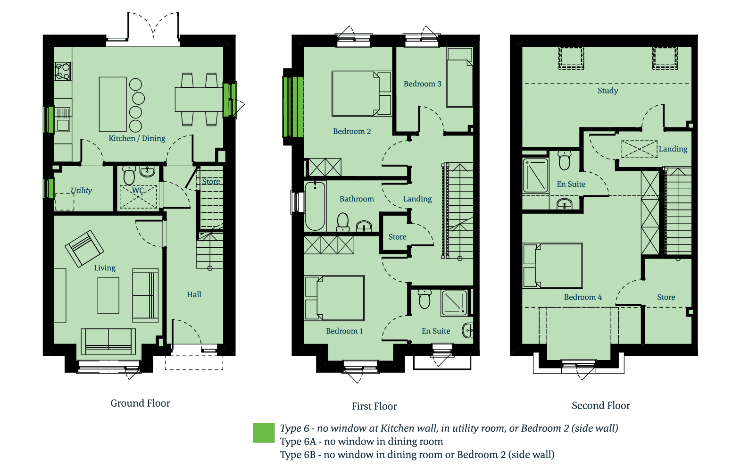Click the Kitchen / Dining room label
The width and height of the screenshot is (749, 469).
(137, 139)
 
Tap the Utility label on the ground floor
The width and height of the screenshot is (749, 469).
(81, 190)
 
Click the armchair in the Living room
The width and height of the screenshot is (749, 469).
(84, 249)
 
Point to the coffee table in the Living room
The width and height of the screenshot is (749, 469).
(108, 295)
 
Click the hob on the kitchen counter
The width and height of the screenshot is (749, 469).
(63, 71)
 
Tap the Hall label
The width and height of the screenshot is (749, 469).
(194, 295)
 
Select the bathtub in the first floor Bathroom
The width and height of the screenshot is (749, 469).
(315, 206)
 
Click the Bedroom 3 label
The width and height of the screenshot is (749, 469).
(422, 84)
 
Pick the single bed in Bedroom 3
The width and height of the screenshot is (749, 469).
(460, 77)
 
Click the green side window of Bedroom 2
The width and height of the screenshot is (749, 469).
(293, 107)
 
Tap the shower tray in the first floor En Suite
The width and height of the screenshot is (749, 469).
(454, 303)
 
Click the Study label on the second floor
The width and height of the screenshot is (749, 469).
(608, 91)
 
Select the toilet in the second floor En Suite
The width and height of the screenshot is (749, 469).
(565, 160)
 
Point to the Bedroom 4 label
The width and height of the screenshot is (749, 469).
(583, 297)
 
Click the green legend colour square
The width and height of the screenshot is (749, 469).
(264, 433)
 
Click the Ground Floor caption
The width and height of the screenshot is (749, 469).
(140, 403)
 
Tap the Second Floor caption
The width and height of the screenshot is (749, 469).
(601, 406)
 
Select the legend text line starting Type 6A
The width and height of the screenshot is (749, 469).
(361, 442)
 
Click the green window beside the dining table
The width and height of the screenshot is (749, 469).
(230, 100)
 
